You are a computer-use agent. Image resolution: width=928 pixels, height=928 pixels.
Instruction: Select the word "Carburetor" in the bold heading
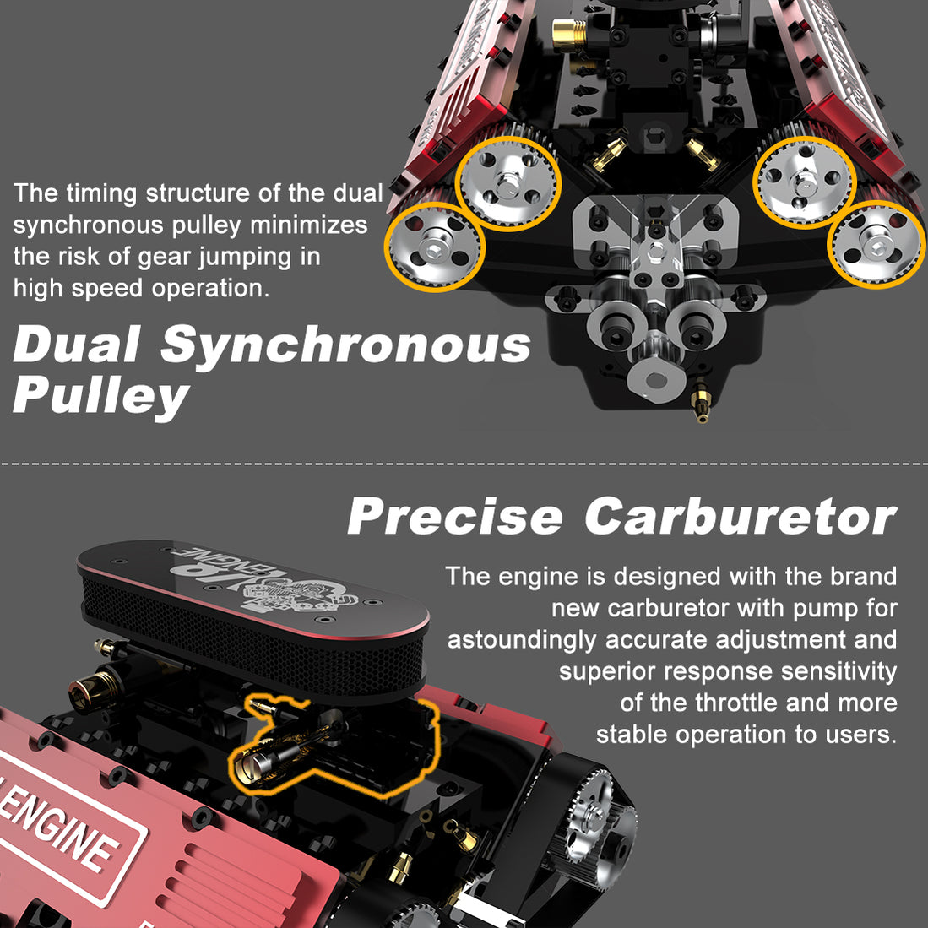tap(741, 516)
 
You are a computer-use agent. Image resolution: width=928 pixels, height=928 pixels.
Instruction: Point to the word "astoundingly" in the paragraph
tap(521, 639)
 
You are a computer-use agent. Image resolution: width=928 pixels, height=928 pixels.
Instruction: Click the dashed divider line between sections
tap(464, 464)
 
